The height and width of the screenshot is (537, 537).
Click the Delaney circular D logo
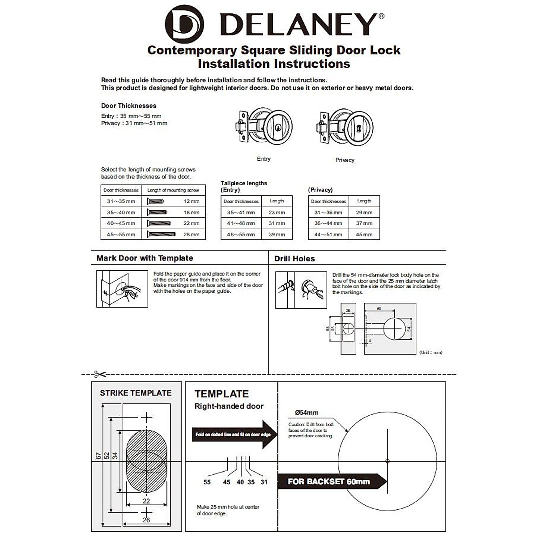(184, 24)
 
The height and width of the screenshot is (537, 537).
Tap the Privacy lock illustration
(345, 128)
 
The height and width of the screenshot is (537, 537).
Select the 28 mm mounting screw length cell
(191, 234)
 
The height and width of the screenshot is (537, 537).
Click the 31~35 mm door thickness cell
(121, 201)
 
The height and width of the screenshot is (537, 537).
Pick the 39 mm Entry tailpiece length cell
(277, 234)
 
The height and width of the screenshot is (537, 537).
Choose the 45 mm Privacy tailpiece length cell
(364, 234)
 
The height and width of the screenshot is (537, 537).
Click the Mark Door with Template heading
(145, 258)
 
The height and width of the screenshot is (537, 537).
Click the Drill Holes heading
(294, 259)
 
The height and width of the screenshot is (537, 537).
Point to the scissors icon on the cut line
(100, 374)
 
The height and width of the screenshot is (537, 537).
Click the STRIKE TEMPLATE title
(136, 393)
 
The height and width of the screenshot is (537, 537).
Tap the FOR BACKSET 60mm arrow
(331, 482)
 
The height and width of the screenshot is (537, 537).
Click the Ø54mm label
(307, 413)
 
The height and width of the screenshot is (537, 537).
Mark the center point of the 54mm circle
(388, 461)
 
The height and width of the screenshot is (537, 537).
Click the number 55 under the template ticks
(207, 482)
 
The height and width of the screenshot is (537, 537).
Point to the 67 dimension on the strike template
(98, 456)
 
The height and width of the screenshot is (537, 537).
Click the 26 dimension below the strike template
(146, 520)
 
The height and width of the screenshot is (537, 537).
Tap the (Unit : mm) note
(430, 353)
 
